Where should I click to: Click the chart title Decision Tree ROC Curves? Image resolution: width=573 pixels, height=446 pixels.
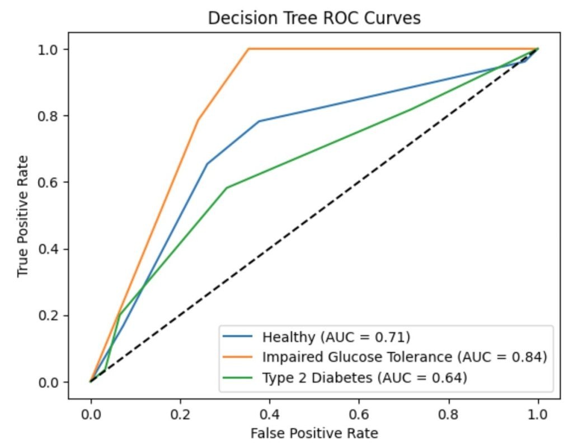point(314,18)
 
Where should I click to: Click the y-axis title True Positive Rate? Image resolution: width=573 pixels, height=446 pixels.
point(23,216)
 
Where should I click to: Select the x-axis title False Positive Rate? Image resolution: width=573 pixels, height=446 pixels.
point(314,433)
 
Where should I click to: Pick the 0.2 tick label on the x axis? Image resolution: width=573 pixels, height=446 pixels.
point(180,414)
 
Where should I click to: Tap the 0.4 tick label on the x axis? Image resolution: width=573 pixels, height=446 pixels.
point(270,414)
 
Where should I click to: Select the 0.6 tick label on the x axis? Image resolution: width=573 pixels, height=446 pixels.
point(359,414)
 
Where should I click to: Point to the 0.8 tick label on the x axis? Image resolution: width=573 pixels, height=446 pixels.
point(449,414)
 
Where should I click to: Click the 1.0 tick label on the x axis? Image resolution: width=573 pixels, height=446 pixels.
point(538,414)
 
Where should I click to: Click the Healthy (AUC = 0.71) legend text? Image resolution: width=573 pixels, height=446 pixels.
point(336,337)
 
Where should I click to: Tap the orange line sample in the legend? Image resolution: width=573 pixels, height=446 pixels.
point(239,357)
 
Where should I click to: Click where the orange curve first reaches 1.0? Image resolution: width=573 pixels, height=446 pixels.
point(248,49)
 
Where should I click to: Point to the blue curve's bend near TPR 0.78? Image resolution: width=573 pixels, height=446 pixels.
point(259,121)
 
